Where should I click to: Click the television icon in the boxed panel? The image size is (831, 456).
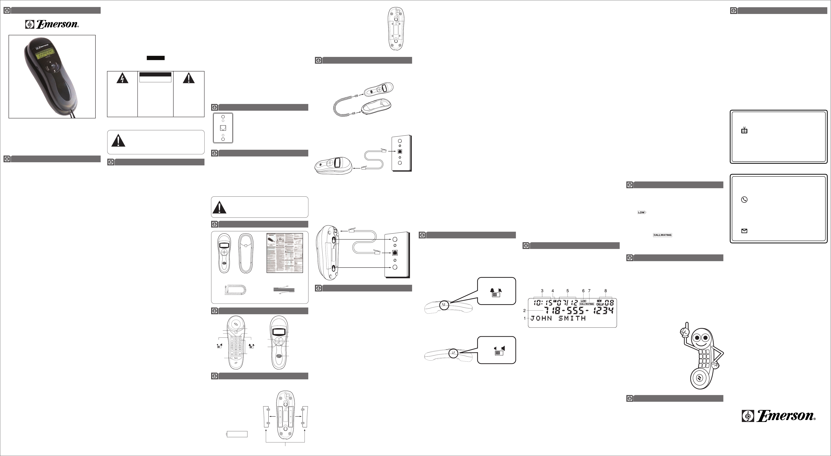[x=744, y=130]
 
